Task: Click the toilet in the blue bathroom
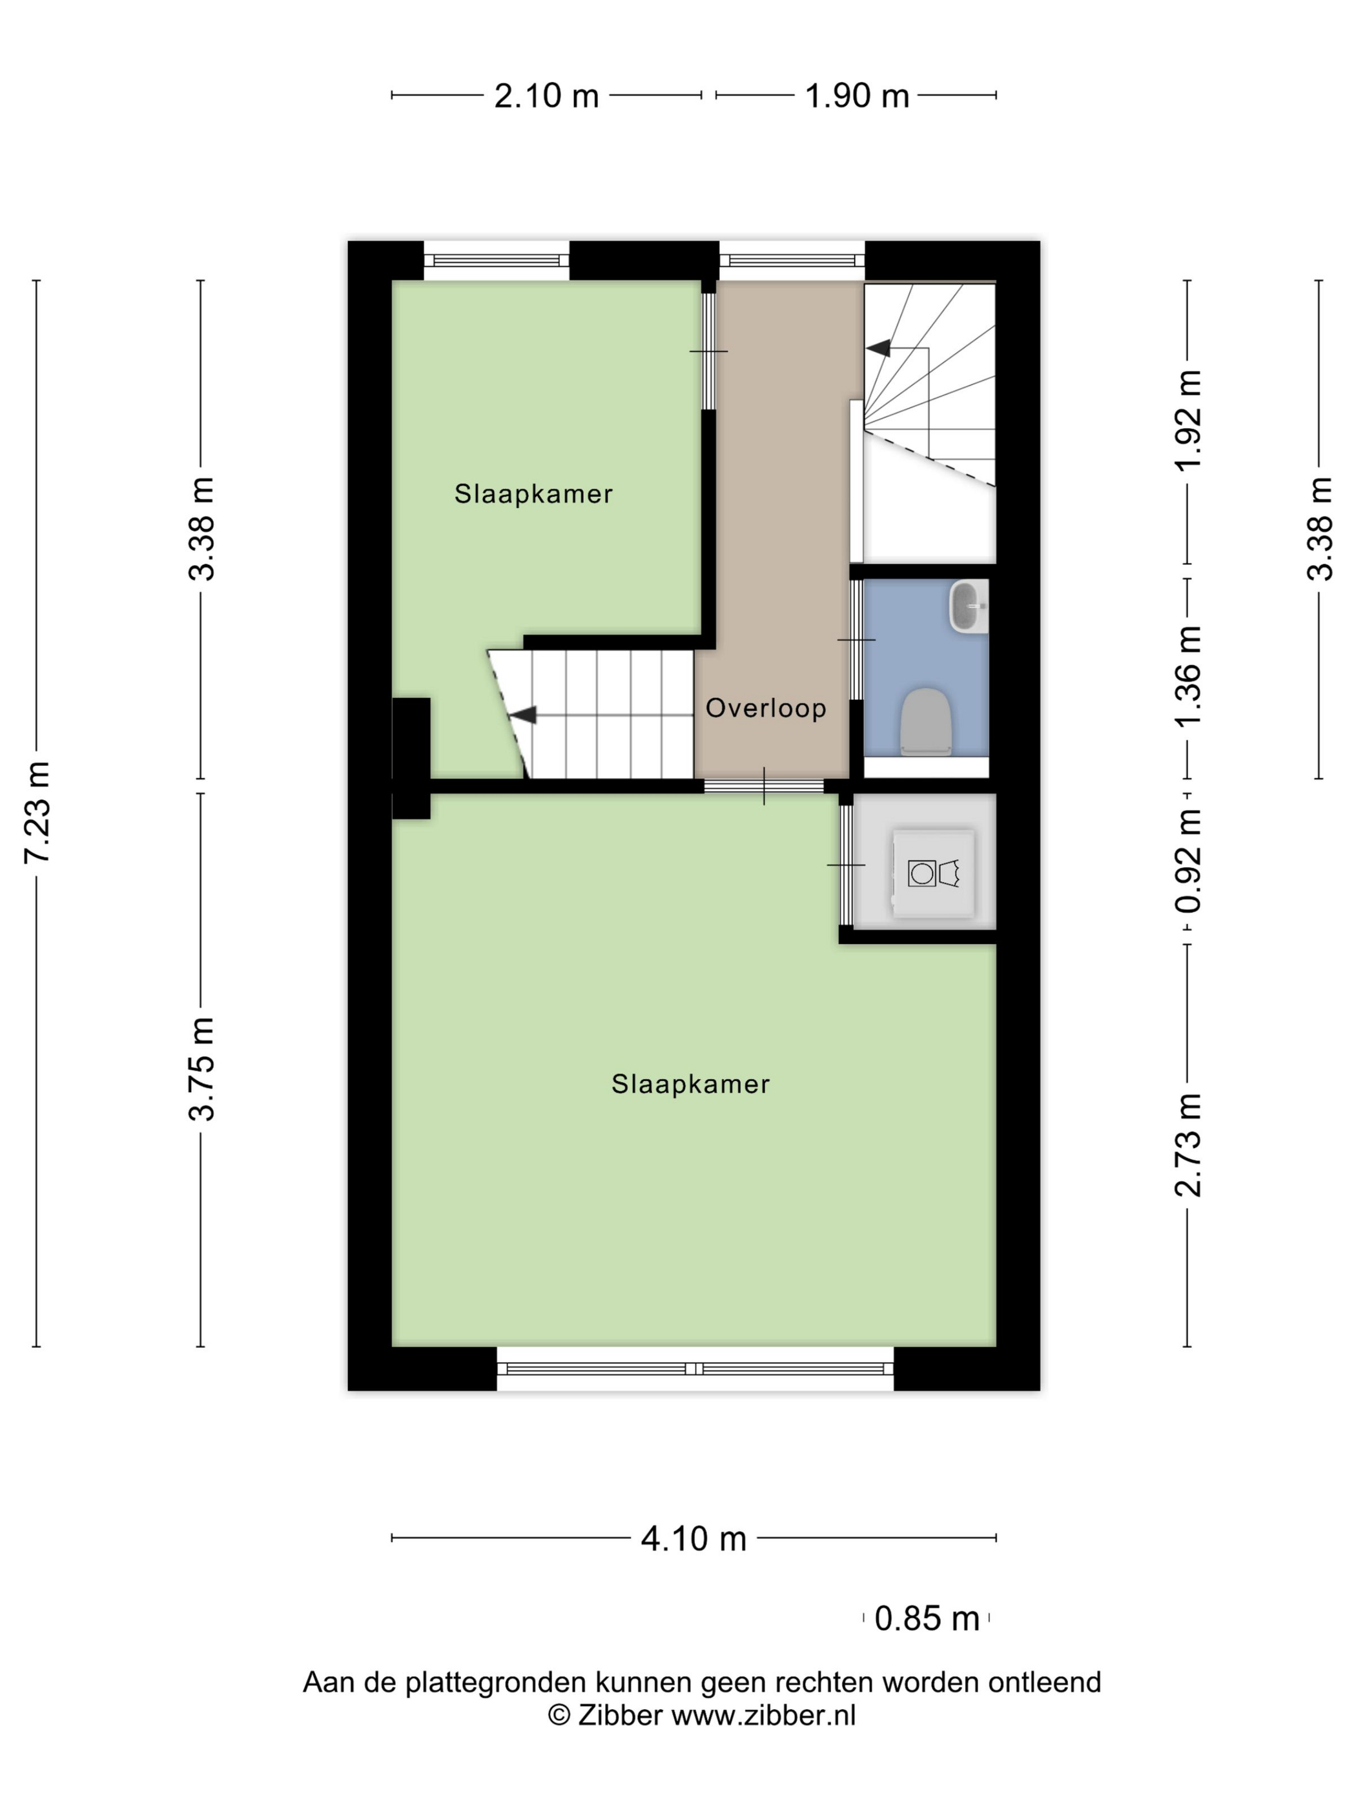coord(926,721)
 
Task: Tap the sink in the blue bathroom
coord(968,606)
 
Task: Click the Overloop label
coord(765,708)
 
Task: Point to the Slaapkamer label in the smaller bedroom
coord(533,494)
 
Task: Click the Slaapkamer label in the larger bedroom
coord(690,1084)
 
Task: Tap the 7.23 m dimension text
coord(37,812)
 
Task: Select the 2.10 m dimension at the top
coord(546,96)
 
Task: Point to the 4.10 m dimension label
coord(693,1538)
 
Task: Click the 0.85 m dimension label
coord(926,1618)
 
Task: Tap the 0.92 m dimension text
coord(1187,861)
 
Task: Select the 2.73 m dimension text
coord(1187,1144)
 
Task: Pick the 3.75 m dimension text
coord(201,1068)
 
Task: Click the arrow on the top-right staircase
coord(879,348)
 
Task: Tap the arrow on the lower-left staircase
coord(523,714)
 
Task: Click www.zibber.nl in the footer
coord(763,1715)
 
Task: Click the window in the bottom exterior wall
coord(694,1368)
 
